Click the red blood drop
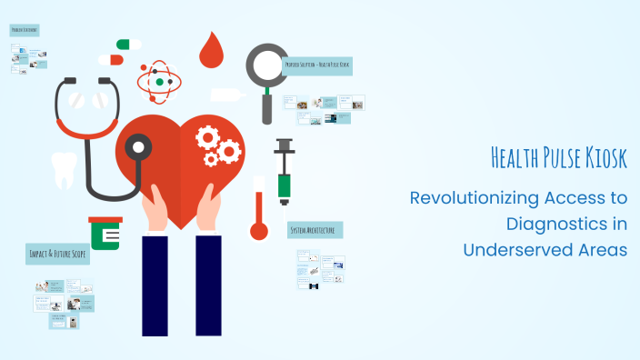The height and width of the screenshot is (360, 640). (212, 53)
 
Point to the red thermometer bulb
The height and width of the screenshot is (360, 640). (259, 230)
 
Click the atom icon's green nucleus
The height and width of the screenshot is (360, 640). (160, 83)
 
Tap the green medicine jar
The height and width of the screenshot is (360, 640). (105, 235)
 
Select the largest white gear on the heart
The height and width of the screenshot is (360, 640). (208, 137)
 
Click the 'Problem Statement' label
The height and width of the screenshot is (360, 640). (25, 30)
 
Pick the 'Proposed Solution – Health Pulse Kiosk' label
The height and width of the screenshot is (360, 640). (316, 66)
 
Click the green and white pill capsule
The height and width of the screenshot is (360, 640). (128, 44)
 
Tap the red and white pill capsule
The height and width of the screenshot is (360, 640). (111, 59)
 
